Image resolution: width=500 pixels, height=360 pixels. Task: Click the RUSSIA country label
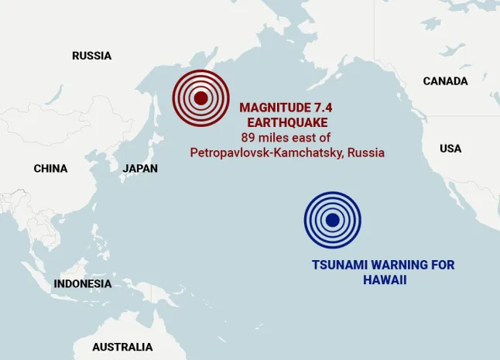click(x=91, y=56)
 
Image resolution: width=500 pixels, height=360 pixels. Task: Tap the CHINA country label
click(x=50, y=169)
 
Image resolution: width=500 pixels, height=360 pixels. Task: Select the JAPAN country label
click(x=140, y=169)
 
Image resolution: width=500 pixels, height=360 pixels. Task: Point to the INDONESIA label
click(x=82, y=284)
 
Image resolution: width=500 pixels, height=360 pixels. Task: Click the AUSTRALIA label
click(x=122, y=347)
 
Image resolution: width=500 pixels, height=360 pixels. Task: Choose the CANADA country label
click(x=445, y=81)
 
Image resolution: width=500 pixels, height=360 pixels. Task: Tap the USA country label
click(x=450, y=149)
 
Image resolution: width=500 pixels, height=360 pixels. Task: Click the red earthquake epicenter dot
click(x=200, y=98)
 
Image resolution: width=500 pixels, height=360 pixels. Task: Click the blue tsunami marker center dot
click(x=333, y=220)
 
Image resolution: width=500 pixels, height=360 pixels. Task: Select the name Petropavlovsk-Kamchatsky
click(x=267, y=153)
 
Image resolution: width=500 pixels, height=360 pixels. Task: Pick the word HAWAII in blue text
click(x=385, y=279)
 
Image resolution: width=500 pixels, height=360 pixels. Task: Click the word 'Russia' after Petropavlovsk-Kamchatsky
click(x=365, y=153)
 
